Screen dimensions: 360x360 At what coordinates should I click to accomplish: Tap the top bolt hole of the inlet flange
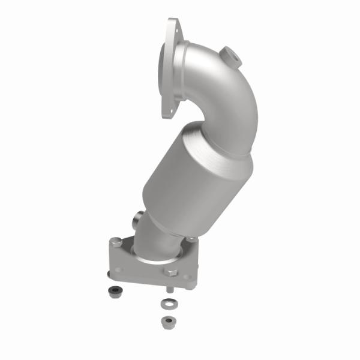[173, 25]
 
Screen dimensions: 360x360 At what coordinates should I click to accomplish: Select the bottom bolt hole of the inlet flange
[164, 112]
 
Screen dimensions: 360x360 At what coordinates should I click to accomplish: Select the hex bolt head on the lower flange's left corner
[116, 243]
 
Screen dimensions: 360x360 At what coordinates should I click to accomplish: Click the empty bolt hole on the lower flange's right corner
[187, 278]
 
